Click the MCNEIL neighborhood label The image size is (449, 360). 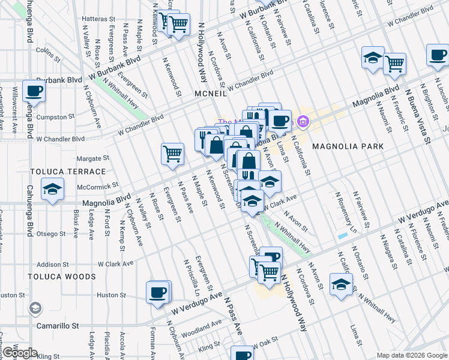click(x=210, y=94)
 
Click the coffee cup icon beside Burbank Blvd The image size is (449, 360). click(x=34, y=92)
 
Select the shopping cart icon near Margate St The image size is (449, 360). click(x=172, y=154)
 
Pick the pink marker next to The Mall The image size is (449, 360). click(x=303, y=123)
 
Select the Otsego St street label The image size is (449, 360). click(x=52, y=233)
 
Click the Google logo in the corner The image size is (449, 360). click(x=19, y=353)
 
